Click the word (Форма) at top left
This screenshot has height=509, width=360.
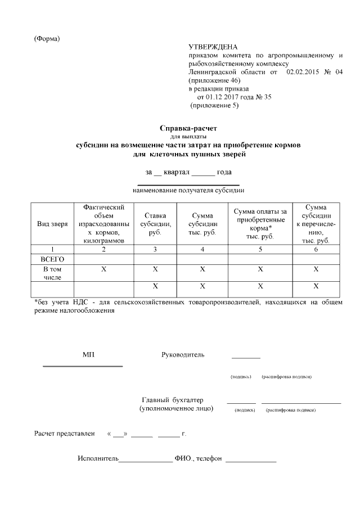pos(47,38)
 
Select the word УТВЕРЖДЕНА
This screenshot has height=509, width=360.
pos(213,47)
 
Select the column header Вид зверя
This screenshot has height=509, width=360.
pos(52,224)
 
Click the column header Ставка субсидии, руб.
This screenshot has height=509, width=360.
pos(155,224)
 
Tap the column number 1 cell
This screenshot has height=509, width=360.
pos(52,249)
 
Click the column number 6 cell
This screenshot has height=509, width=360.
pos(316,249)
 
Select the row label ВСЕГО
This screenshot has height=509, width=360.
pos(52,259)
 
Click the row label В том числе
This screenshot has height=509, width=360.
pos(52,273)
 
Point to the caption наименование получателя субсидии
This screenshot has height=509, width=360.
pos(188,191)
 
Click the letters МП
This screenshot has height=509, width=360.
pos(88,355)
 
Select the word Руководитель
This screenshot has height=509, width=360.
pos(183,355)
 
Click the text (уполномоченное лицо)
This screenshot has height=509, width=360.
pos(176,408)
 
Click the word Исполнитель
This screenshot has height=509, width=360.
pos(98,458)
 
